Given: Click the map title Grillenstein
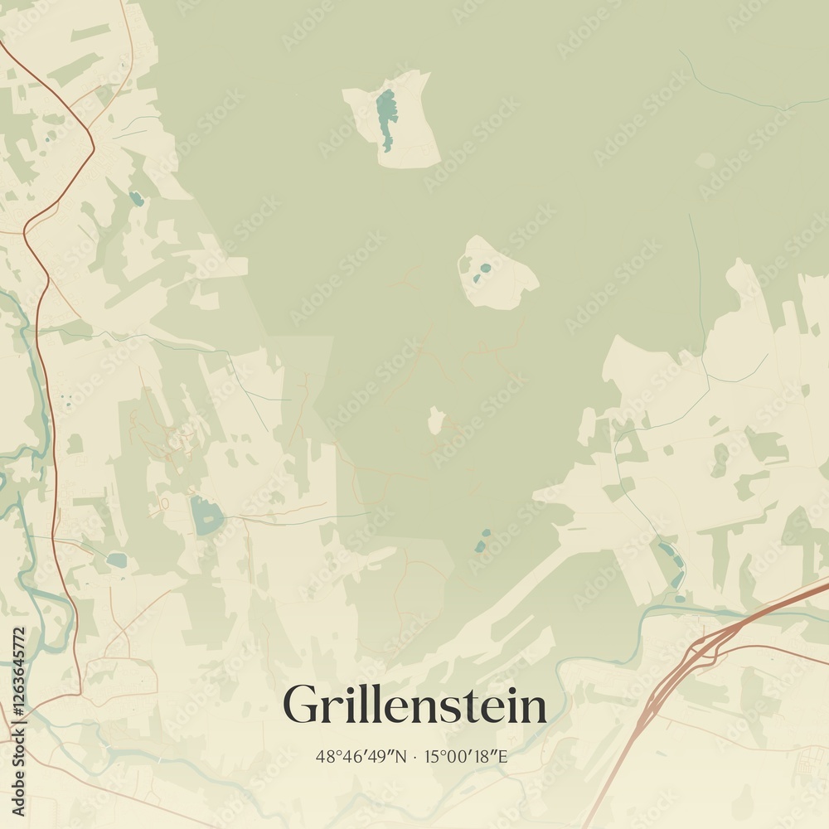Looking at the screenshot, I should [414, 705].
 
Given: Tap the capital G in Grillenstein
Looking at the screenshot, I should [300, 705].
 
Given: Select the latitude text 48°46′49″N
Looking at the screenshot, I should [361, 756].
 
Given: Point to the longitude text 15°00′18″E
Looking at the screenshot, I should [466, 756].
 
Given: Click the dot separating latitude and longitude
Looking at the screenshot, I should [416, 756].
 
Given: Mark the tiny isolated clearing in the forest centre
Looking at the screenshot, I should [435, 421].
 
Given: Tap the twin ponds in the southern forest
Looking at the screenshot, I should [482, 541].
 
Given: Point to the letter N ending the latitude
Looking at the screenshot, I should [402, 756].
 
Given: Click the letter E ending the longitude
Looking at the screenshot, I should [502, 756].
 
